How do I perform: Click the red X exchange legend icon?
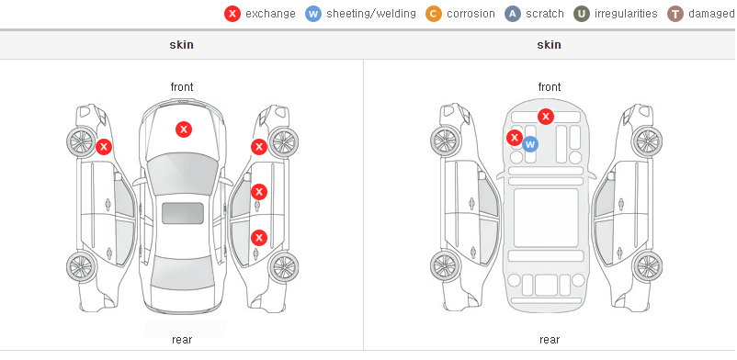tap(232, 14)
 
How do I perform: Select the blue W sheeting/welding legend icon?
tap(312, 14)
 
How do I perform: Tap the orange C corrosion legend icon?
tap(434, 14)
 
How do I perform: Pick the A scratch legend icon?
tap(513, 14)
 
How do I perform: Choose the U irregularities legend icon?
tap(582, 14)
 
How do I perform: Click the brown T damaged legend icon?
tap(675, 14)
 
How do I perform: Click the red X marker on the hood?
tap(184, 129)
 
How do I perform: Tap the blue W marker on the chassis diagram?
tap(530, 144)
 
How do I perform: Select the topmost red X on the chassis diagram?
tap(546, 116)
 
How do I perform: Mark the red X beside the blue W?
tap(515, 138)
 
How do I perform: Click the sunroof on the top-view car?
tap(183, 213)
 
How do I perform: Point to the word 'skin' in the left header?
tap(181, 45)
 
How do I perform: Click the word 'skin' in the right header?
tap(549, 45)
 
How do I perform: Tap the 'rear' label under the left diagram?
tap(182, 340)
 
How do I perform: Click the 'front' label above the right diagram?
tap(550, 87)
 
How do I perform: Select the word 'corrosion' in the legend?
tap(471, 14)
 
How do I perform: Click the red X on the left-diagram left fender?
tap(104, 147)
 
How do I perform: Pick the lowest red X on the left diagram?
tap(259, 237)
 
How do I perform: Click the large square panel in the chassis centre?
tap(546, 218)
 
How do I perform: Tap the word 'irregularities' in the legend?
tap(626, 14)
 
